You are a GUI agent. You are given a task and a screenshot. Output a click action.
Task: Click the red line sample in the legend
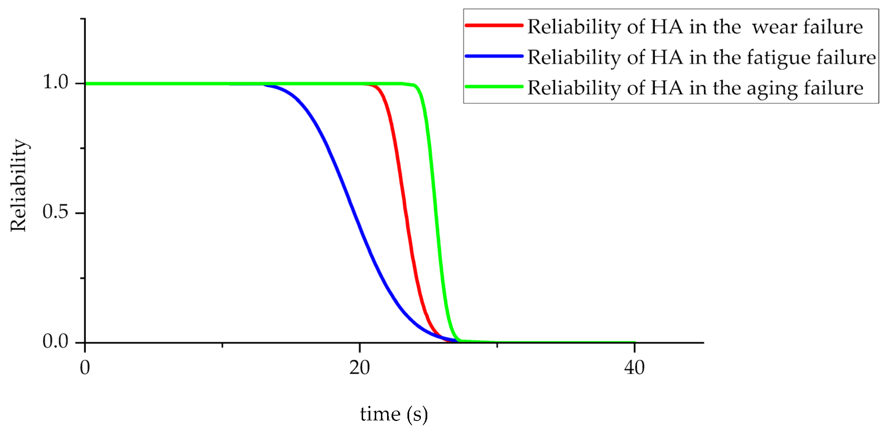[x=494, y=25]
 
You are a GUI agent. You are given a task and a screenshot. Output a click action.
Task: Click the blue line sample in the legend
[x=494, y=56]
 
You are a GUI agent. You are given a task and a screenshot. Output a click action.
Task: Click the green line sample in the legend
[x=494, y=86]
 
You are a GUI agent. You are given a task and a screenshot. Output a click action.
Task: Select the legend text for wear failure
[x=695, y=27]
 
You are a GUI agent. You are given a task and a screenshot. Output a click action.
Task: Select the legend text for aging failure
[x=695, y=88]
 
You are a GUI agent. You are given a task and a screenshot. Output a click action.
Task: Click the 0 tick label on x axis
[x=85, y=368]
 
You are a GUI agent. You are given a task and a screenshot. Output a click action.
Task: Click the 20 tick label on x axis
[x=359, y=368]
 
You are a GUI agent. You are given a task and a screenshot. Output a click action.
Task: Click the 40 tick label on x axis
[x=634, y=368]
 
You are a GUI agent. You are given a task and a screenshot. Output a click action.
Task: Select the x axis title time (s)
[x=394, y=414]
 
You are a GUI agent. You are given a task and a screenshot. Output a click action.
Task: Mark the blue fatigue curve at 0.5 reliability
[x=354, y=213]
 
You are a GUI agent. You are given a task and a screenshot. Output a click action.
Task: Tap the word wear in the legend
[x=775, y=27]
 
